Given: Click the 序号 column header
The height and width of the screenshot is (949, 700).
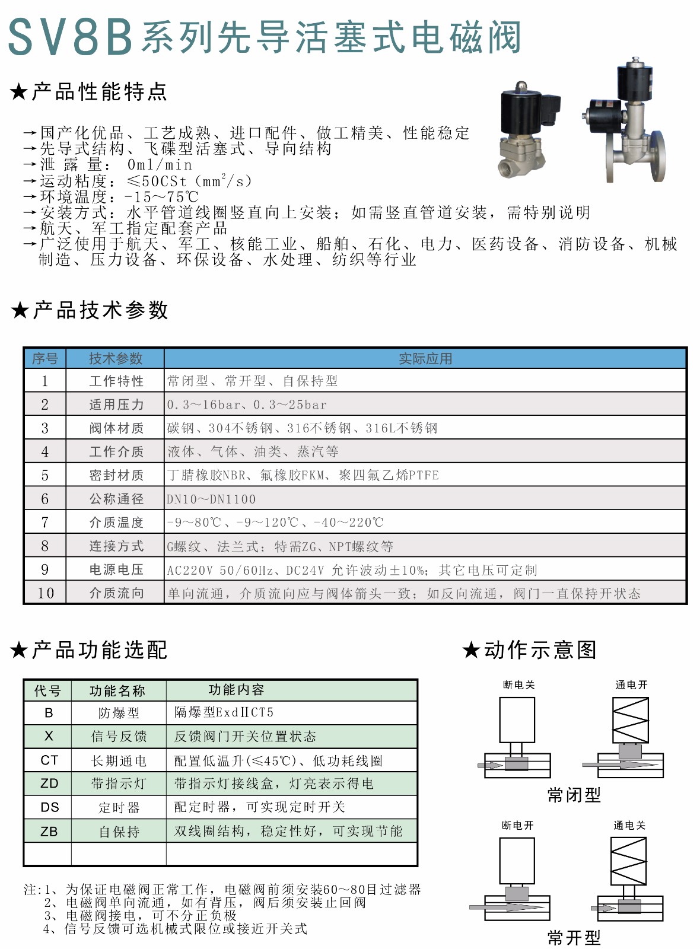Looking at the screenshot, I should (x=45, y=359).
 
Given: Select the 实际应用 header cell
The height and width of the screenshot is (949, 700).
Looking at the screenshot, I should (x=425, y=359).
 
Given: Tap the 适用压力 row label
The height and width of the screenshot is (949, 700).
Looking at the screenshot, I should (x=116, y=405).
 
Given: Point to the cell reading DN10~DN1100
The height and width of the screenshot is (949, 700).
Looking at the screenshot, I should (x=211, y=499).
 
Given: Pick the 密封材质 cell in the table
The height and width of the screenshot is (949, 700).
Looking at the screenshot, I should (x=116, y=476).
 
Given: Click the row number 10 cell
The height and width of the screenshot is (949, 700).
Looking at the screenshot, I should (x=46, y=593).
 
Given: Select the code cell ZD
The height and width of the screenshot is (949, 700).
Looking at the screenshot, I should (x=49, y=784).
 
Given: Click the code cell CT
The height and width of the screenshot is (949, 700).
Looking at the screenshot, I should (x=49, y=760).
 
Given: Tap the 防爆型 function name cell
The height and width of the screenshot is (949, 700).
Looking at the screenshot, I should (x=119, y=713).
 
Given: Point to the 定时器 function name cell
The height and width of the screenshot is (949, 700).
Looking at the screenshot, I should (x=119, y=807).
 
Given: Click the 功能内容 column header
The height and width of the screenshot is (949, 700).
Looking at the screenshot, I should (x=236, y=690).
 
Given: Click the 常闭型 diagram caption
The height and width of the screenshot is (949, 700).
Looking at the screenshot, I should (x=574, y=795).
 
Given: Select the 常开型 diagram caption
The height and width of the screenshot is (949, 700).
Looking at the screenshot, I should (x=574, y=938).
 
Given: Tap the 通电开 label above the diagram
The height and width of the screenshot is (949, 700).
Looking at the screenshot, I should (x=631, y=685).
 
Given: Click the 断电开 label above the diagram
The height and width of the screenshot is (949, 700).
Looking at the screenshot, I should (x=518, y=826).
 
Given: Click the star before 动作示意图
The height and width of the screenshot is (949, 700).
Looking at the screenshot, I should (x=471, y=650).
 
